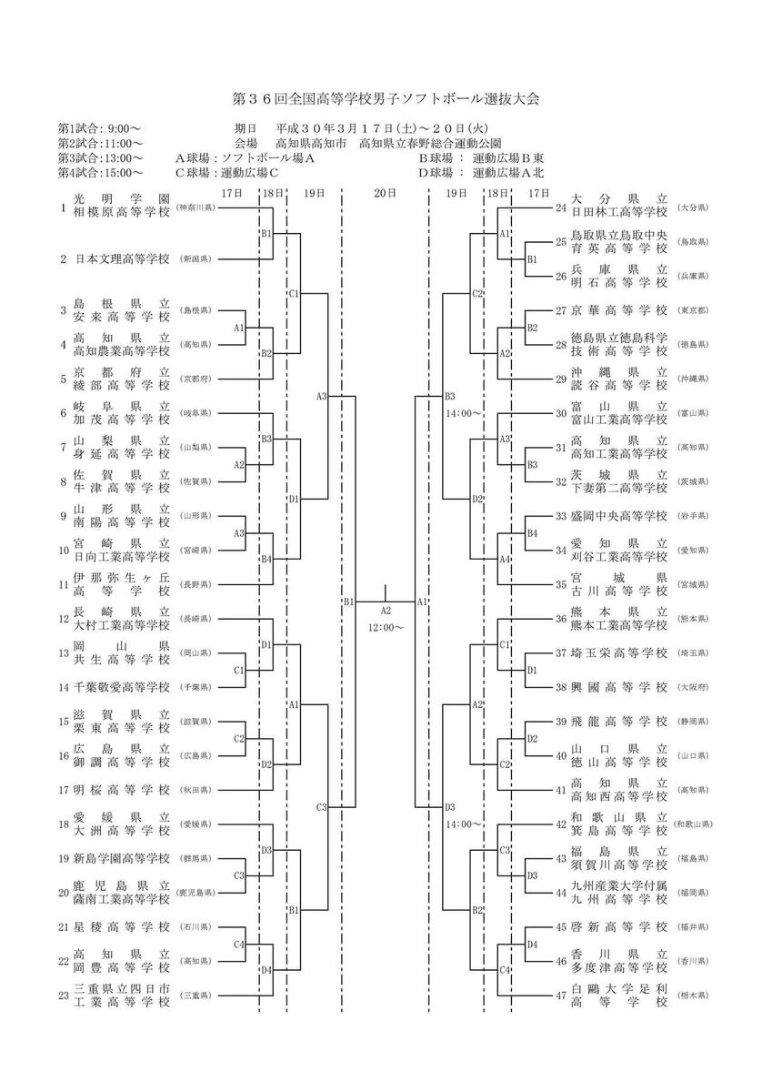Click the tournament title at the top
point(386,98)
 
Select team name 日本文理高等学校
point(122,259)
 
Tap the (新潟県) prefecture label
point(196,259)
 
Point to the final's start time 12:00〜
point(386,628)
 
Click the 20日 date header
point(386,193)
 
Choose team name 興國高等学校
point(619,687)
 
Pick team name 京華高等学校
point(619,310)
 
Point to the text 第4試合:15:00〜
point(100,172)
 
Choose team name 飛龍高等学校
point(619,722)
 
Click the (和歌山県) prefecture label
point(697,824)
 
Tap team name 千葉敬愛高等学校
point(122,687)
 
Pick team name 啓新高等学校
point(619,927)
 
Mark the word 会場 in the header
point(246,143)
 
